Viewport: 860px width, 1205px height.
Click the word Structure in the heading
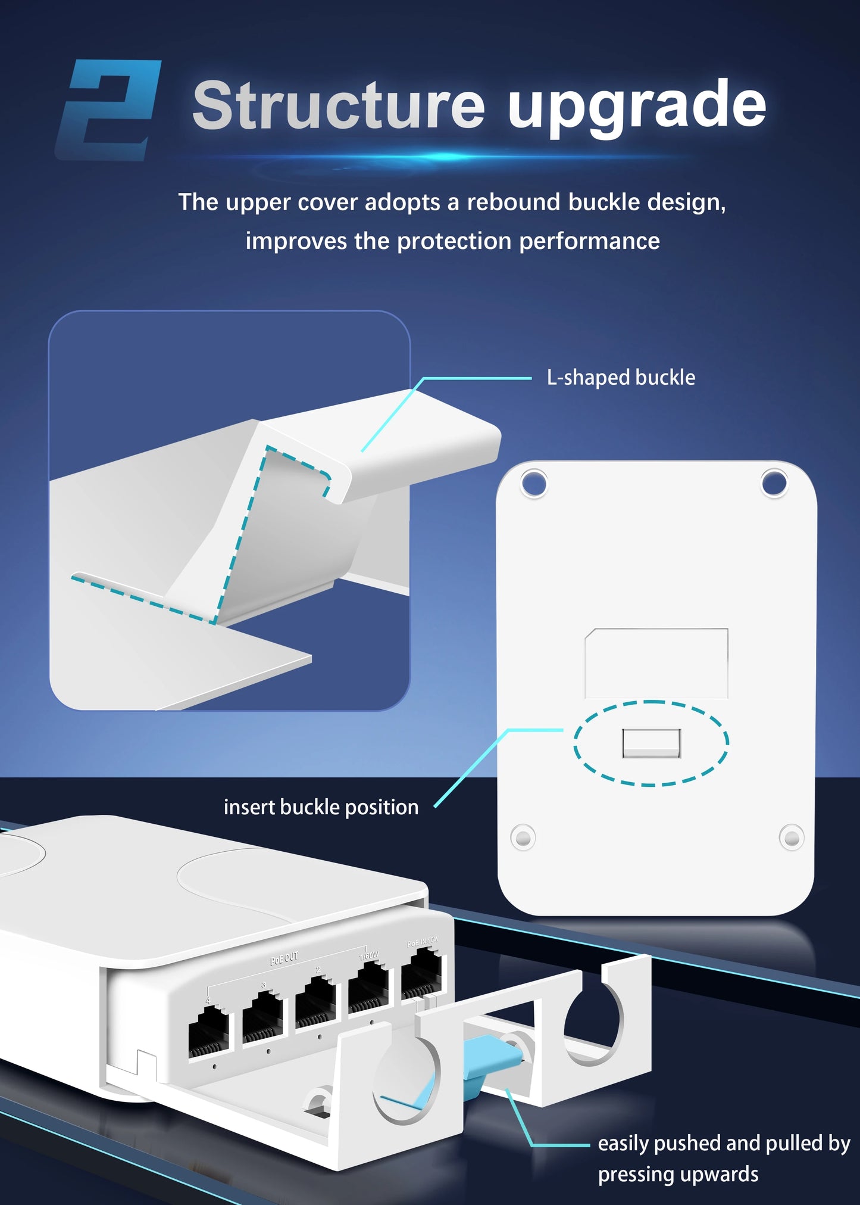coord(338,106)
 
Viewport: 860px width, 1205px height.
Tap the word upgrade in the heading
coord(637,106)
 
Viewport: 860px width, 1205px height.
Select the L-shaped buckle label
coord(621,378)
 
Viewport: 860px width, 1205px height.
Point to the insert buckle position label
coord(321,807)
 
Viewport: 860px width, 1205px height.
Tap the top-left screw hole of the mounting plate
coord(534,484)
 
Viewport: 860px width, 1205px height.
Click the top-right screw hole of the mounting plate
coord(774,483)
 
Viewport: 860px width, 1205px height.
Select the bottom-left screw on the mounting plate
coord(523,838)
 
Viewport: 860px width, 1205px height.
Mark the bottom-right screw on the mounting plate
coord(792,838)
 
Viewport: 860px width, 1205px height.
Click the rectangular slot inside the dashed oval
coord(651,743)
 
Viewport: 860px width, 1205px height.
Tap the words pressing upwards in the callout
coord(678,1174)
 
